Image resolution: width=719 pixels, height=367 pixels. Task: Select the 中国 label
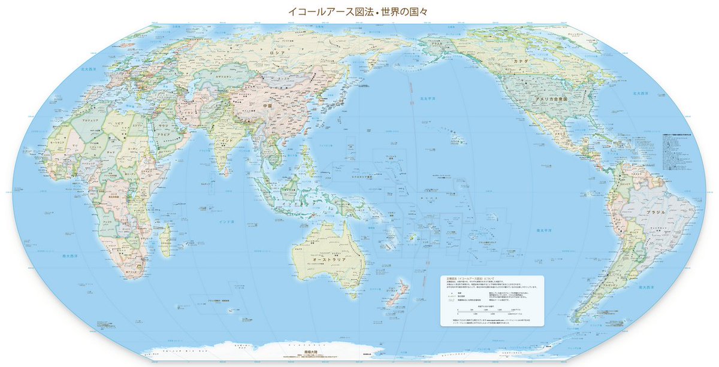coord(267,105)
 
